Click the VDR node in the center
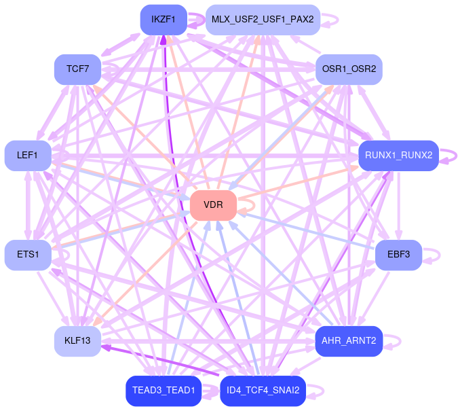tap(213, 205)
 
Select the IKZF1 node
tap(164, 20)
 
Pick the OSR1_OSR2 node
tap(349, 69)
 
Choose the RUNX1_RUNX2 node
tap(398, 156)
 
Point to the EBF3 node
tap(398, 255)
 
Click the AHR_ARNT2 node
tap(349, 340)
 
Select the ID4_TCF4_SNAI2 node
tap(263, 391)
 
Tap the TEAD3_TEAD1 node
tap(164, 391)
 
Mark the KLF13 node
tap(77, 340)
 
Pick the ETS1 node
tap(28, 255)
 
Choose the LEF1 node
tap(28, 156)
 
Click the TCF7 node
tap(77, 69)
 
